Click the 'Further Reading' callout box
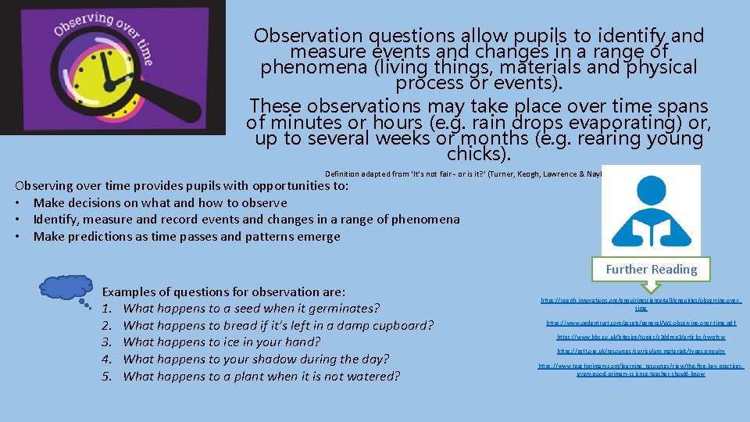point(651,269)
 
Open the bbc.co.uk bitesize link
point(641,337)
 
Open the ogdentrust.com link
point(641,323)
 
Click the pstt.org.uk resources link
point(641,352)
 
